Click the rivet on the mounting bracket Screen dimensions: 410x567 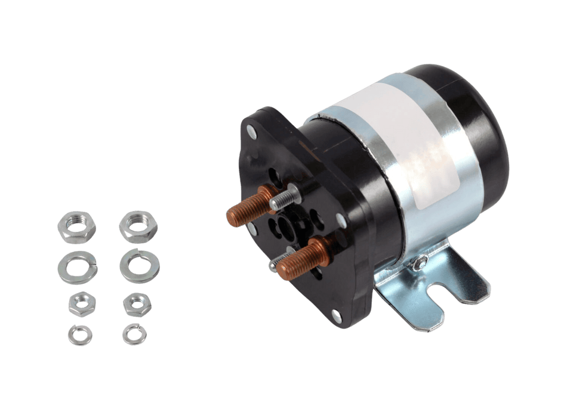pyautogui.click(x=422, y=259)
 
